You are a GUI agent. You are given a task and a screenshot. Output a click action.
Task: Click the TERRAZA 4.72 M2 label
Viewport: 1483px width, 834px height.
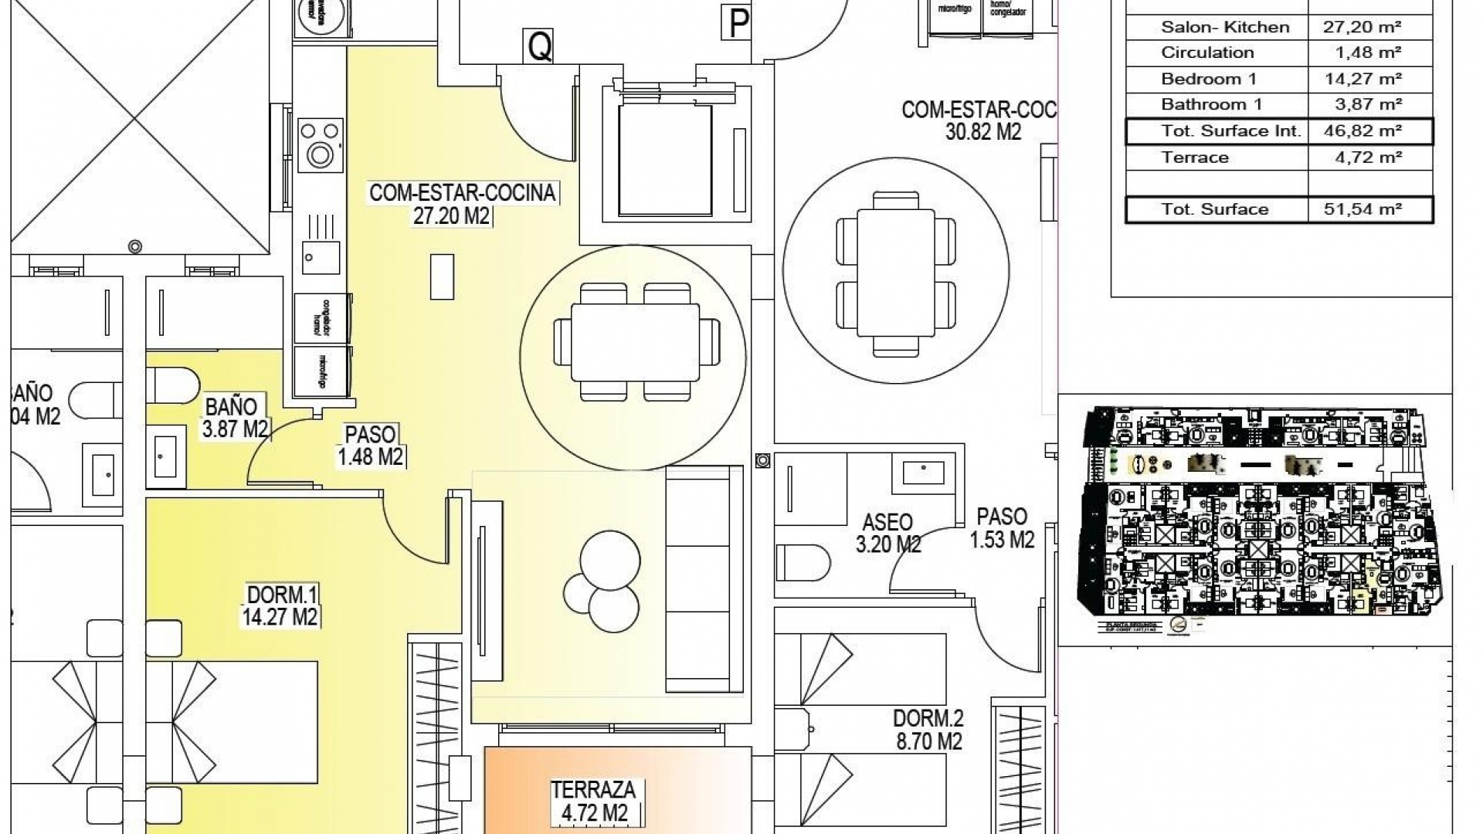593,801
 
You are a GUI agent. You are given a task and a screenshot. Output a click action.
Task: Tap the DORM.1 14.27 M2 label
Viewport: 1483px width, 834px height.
282,605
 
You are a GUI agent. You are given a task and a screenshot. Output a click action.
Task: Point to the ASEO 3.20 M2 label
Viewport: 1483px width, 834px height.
887,533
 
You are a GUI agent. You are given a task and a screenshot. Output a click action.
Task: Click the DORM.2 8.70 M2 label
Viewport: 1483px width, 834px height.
928,730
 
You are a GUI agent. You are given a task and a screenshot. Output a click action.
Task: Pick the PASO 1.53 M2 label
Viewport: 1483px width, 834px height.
1002,528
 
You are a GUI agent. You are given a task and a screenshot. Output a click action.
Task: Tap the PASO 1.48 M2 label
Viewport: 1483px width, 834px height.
371,446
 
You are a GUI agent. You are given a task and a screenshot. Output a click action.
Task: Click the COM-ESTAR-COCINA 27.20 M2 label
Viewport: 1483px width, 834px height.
462,204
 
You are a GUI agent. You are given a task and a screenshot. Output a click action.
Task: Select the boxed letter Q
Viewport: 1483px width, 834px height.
540,46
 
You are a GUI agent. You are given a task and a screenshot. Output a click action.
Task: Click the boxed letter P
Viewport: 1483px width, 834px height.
738,23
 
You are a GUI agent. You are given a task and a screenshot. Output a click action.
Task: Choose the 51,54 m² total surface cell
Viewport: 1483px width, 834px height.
1363,209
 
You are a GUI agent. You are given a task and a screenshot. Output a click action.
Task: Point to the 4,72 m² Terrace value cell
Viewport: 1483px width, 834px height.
1363,158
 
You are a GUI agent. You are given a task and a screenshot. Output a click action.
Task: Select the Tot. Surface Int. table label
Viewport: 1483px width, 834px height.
1230,131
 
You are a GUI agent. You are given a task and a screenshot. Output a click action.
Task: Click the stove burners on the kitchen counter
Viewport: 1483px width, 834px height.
320,142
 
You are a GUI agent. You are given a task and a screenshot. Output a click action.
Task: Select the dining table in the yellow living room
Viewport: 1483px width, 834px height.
635,341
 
